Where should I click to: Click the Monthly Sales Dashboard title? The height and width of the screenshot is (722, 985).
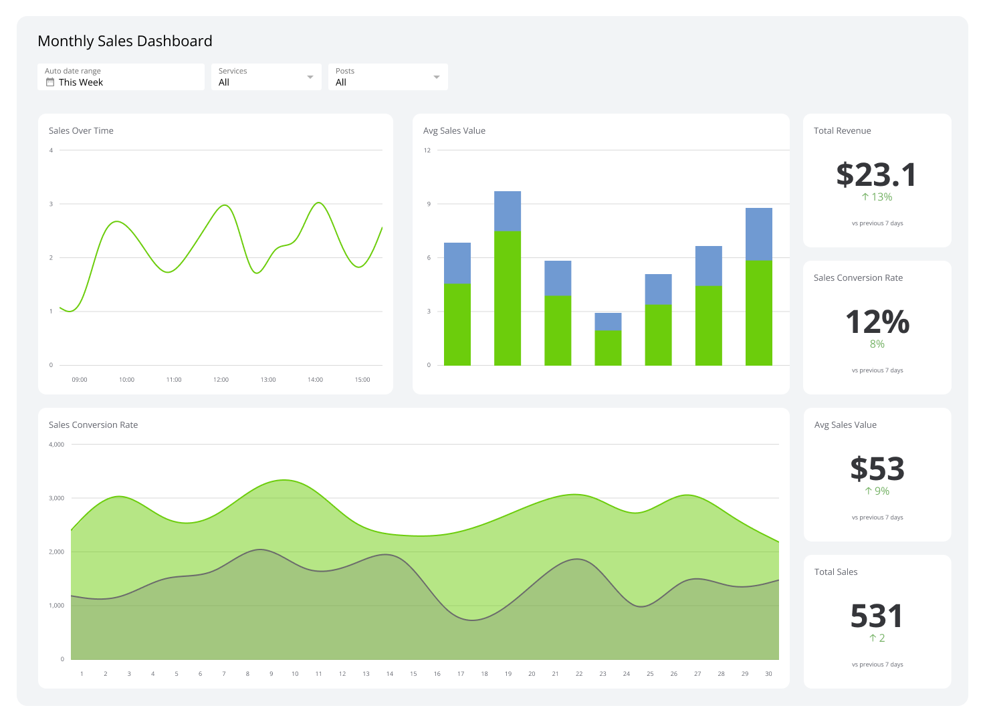(x=125, y=41)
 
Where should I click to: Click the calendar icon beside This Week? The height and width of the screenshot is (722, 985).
(x=49, y=82)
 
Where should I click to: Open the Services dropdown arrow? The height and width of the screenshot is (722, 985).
(x=310, y=77)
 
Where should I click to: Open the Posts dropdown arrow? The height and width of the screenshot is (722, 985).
(x=436, y=77)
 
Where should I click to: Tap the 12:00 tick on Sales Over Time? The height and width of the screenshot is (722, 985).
(x=221, y=380)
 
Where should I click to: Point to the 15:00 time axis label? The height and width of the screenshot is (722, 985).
(x=362, y=380)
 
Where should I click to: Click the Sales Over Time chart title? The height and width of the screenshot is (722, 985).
(x=81, y=131)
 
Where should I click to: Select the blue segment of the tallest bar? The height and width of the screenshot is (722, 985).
(x=508, y=211)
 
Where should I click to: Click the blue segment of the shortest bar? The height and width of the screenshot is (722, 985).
(x=608, y=322)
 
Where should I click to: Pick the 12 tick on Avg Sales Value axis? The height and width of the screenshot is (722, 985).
(x=427, y=150)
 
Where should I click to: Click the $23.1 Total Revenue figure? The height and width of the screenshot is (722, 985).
(x=877, y=174)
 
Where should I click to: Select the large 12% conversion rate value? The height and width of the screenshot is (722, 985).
(x=877, y=322)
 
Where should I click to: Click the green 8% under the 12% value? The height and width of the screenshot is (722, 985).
(x=877, y=344)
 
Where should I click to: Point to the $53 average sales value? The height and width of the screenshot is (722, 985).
(x=877, y=469)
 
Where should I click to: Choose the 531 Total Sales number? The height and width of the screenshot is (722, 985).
(x=877, y=616)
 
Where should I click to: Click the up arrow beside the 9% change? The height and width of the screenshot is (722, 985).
(x=868, y=491)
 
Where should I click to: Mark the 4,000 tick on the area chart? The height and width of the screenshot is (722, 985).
(x=56, y=445)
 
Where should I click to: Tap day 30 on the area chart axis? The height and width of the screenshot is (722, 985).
(x=768, y=674)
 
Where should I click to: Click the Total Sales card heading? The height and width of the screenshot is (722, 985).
(x=836, y=572)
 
